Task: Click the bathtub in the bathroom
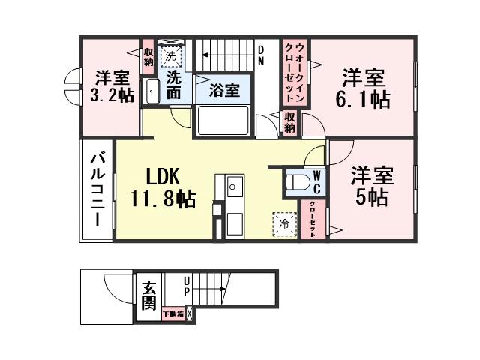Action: (222, 119)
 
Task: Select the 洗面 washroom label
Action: (174, 85)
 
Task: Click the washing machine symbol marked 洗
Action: (170, 55)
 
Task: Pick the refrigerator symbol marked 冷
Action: (284, 223)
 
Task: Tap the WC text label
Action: (317, 181)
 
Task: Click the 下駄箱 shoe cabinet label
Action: (171, 313)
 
